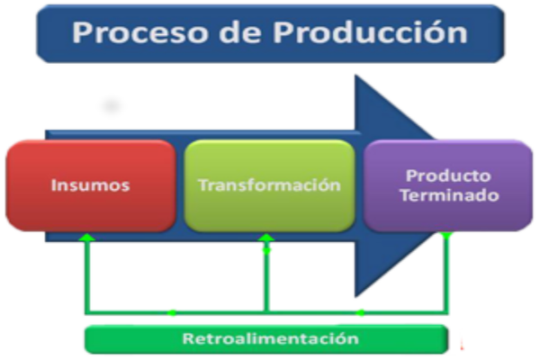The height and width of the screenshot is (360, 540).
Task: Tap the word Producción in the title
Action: [370, 31]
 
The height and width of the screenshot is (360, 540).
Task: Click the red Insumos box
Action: [91, 185]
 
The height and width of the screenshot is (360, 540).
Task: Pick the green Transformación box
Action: [270, 185]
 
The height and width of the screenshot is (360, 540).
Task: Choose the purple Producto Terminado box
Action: [448, 185]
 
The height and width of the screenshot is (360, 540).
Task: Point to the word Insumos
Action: [91, 185]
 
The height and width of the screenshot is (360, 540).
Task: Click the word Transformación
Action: [270, 185]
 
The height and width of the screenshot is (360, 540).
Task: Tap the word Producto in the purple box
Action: [448, 175]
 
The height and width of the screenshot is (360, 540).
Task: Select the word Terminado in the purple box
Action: [449, 195]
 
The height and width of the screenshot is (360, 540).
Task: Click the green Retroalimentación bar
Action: [266, 339]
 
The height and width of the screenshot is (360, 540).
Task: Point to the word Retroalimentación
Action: [271, 338]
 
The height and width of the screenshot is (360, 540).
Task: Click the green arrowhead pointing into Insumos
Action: [86, 238]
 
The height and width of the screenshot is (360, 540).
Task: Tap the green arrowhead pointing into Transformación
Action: [266, 238]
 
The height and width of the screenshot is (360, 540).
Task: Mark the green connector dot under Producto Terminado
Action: [446, 236]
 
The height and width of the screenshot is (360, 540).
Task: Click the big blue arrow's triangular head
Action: [389, 185]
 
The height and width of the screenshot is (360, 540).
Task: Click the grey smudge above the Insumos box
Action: [112, 105]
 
